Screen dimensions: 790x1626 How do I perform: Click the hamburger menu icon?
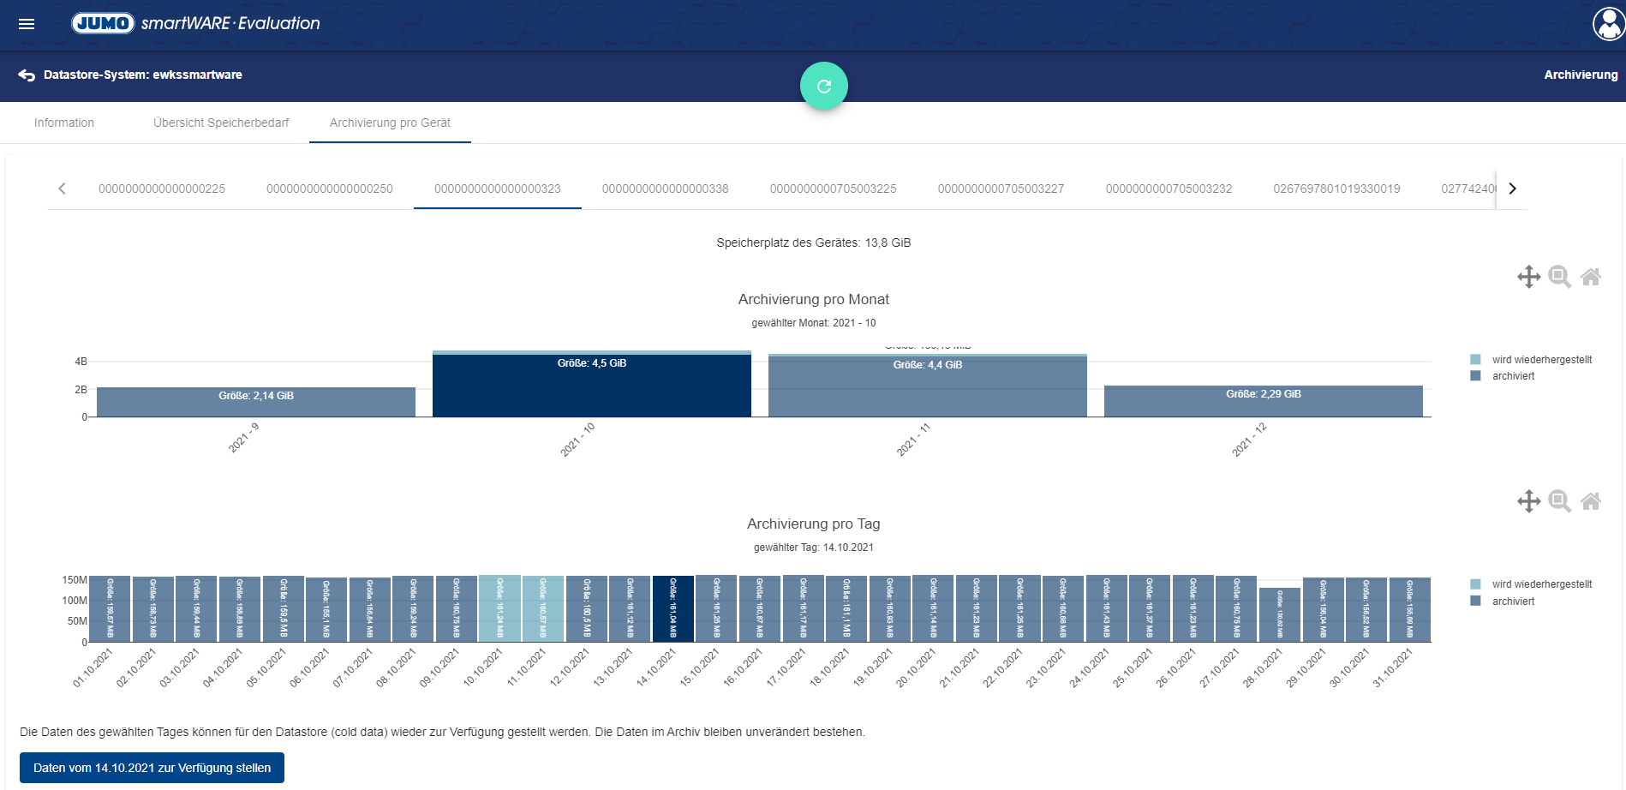click(27, 24)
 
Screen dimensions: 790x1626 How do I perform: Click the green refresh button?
click(824, 86)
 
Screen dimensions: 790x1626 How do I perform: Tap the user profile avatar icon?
click(1608, 24)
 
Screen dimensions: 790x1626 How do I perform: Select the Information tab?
click(64, 123)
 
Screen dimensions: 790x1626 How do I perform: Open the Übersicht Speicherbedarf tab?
click(221, 123)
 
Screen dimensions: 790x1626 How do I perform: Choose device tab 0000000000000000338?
click(665, 189)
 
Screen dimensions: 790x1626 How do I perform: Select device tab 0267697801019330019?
click(1336, 189)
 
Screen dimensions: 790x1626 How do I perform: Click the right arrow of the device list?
click(1513, 189)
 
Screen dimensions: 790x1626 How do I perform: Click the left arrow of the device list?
click(62, 189)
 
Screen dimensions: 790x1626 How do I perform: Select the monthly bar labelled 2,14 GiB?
click(255, 403)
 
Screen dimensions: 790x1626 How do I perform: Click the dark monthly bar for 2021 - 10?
click(591, 386)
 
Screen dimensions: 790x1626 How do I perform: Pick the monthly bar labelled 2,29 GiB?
click(1263, 402)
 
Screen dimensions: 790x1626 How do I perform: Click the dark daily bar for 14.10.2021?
click(673, 608)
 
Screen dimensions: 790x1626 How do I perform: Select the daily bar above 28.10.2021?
click(1279, 614)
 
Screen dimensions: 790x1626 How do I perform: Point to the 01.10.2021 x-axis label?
click(93, 667)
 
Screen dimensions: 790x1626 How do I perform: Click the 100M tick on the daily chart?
click(75, 601)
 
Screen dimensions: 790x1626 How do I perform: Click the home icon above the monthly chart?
click(1591, 277)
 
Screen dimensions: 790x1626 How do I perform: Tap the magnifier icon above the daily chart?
click(1560, 501)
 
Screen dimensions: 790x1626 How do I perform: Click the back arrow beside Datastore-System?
click(27, 75)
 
